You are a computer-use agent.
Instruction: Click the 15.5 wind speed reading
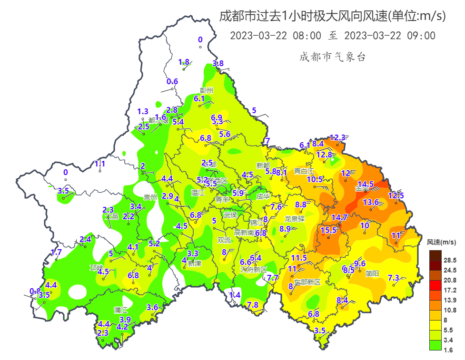(328, 230)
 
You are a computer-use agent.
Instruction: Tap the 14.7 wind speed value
(339, 217)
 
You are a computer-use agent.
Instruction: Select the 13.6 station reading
(371, 202)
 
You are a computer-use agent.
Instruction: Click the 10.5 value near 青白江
(315, 179)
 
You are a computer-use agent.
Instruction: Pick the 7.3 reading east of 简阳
(394, 278)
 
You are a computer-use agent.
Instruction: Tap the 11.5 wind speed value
(299, 258)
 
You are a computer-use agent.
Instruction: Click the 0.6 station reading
(172, 81)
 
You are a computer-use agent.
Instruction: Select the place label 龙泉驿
(294, 219)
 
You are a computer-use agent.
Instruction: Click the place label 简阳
(372, 273)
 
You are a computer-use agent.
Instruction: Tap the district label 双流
(224, 240)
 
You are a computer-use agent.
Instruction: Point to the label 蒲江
(120, 310)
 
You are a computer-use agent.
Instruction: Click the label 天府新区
(254, 269)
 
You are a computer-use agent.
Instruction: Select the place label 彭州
(207, 90)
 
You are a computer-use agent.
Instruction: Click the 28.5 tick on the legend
(450, 260)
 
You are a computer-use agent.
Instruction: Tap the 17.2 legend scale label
(450, 290)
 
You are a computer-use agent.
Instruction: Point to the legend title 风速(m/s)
(441, 243)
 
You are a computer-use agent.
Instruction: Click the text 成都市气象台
(333, 57)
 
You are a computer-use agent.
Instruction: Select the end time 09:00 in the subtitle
(422, 36)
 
